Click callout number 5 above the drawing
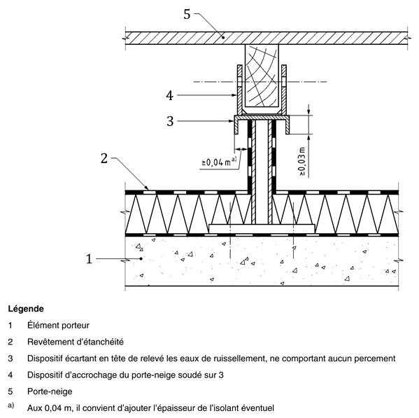click(x=187, y=15)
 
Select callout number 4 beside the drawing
click(x=170, y=95)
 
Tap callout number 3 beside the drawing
click(x=170, y=121)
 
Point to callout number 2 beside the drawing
click(x=104, y=158)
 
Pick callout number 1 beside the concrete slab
click(x=89, y=259)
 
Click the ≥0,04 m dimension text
click(x=219, y=162)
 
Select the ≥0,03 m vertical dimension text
click(x=302, y=162)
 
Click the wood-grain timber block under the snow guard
click(x=262, y=76)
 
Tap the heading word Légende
click(x=26, y=309)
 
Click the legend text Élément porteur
click(x=58, y=326)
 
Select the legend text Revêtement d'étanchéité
click(x=76, y=342)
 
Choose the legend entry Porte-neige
click(x=50, y=391)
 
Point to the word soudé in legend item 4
click(x=192, y=375)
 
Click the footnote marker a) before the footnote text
click(x=11, y=405)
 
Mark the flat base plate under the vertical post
click(x=262, y=229)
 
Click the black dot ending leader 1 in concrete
click(x=141, y=258)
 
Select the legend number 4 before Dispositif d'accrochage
click(x=10, y=375)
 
